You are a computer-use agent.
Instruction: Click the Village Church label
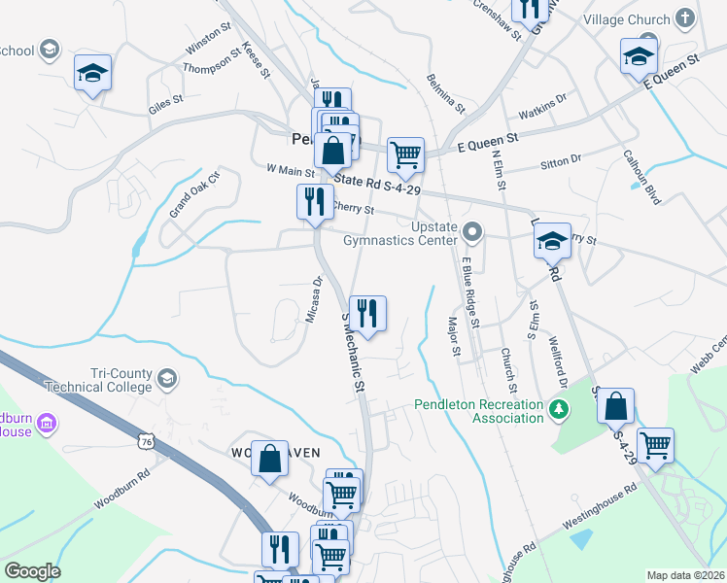626,19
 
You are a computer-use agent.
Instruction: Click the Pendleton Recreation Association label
478,411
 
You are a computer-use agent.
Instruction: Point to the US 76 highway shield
146,441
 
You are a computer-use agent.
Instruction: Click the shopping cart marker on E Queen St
405,154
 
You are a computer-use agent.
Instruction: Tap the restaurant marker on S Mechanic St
367,313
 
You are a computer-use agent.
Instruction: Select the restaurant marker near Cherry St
312,202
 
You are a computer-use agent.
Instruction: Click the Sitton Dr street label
561,158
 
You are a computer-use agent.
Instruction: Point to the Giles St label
166,100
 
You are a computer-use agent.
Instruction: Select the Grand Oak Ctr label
195,194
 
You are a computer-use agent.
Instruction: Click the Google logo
32,571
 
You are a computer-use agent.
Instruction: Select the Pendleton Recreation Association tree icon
558,411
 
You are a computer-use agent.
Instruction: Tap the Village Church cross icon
685,18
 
